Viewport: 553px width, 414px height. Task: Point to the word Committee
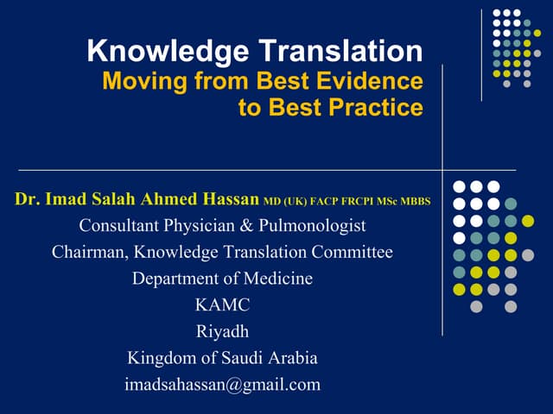[x=353, y=253]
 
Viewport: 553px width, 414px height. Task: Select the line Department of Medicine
[x=222, y=279]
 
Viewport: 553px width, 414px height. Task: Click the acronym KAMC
[x=222, y=305]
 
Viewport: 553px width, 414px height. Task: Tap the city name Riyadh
[x=222, y=331]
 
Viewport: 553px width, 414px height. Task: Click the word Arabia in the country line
[x=291, y=358]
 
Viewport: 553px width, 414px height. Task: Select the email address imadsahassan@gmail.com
[x=222, y=385]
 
